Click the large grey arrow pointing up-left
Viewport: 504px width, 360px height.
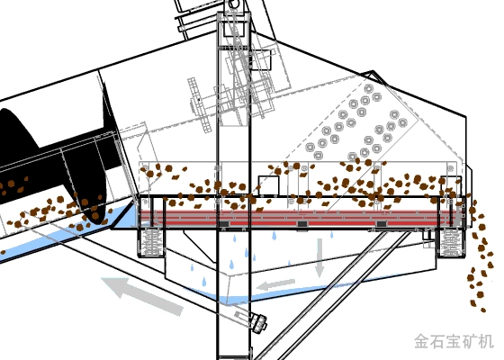coord(142,296)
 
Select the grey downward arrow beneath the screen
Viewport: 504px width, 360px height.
coord(319,257)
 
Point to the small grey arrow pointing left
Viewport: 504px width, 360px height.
coord(275,284)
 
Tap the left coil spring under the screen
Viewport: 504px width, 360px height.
coord(152,241)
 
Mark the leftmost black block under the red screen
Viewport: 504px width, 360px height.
coord(224,224)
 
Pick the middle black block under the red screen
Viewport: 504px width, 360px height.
coord(302,224)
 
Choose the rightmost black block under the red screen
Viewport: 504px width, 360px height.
coord(382,224)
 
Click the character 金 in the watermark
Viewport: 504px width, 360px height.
coord(422,341)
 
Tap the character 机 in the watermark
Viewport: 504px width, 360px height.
coord(486,341)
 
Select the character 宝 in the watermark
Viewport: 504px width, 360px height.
coord(454,341)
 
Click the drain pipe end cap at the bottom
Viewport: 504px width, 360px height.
coord(260,323)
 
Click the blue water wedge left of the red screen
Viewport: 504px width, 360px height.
coord(125,219)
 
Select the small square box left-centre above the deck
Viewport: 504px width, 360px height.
coord(268,185)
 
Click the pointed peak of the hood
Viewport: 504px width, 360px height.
coord(373,71)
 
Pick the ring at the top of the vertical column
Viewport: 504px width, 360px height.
coord(234,4)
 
